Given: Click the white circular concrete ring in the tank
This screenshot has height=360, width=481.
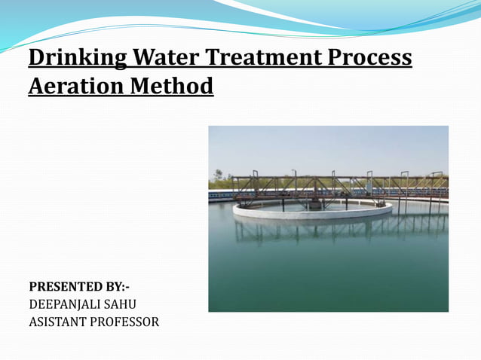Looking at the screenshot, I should tap(312, 213).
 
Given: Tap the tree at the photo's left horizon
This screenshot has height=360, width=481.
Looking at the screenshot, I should tap(218, 176).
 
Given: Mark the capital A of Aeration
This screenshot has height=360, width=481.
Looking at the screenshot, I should tap(36, 87).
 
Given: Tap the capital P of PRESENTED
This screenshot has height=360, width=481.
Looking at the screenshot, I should tap(32, 287).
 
